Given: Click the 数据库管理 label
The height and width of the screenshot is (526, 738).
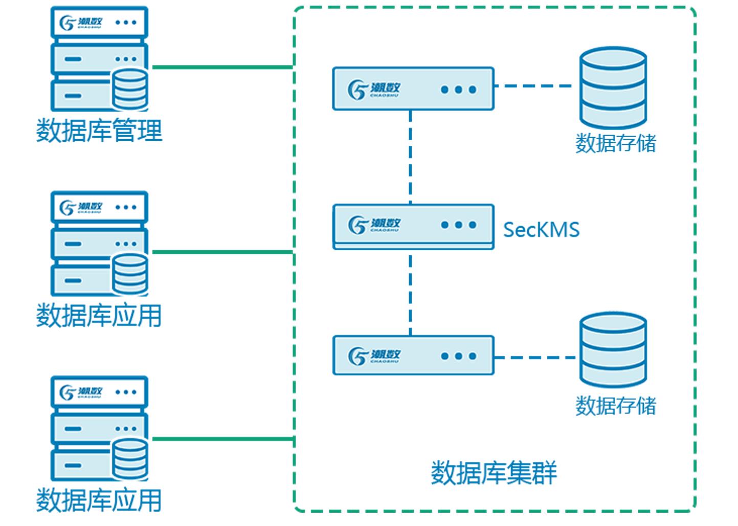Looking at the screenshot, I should coord(99,130).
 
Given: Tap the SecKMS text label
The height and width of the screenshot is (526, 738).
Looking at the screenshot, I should coord(541,230).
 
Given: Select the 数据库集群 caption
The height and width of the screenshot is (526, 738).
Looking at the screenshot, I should coord(494,473).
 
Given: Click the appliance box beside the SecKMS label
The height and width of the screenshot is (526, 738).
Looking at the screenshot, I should coord(413,226).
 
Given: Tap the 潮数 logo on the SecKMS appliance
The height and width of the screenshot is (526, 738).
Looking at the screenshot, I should coord(374,224).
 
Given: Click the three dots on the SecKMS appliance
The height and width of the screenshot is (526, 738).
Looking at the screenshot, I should coord(458,225).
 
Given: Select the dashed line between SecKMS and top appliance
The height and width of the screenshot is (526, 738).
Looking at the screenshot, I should coord(410,157).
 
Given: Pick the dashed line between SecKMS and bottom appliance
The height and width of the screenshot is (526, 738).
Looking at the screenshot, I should coord(410,293).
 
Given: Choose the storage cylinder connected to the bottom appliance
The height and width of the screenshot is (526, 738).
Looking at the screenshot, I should coord(613,350).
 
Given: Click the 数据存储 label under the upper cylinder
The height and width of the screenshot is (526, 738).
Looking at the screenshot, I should coord(615,143).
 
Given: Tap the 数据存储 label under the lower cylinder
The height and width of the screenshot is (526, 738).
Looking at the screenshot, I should coord(615,406).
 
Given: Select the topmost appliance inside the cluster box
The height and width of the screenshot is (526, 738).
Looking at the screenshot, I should coord(413,89).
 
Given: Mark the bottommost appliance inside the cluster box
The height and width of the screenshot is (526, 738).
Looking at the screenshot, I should coord(413,356).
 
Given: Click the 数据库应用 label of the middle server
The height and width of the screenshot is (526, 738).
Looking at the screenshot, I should coord(99,315).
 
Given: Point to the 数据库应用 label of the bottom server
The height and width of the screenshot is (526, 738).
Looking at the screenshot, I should coord(99,500).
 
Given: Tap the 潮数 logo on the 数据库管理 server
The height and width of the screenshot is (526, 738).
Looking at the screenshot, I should coord(81,23).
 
